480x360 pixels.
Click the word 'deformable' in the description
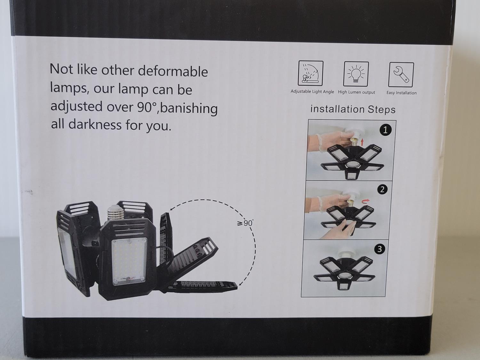[x=173, y=72]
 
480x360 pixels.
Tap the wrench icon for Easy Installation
[x=401, y=75]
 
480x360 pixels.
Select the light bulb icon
[x=356, y=74]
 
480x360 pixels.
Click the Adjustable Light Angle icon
[x=310, y=73]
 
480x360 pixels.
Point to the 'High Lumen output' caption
[x=356, y=92]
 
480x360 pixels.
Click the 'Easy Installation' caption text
[x=402, y=93]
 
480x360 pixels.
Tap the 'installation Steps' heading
[x=353, y=109]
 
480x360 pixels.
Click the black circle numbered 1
[x=385, y=130]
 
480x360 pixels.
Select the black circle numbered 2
[x=382, y=189]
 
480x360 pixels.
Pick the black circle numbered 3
[x=380, y=249]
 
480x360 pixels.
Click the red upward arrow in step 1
[x=362, y=142]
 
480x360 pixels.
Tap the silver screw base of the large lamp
[x=115, y=213]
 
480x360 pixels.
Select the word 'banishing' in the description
[x=189, y=108]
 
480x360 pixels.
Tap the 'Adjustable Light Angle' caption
[x=312, y=92]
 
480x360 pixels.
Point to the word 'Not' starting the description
[x=61, y=69]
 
